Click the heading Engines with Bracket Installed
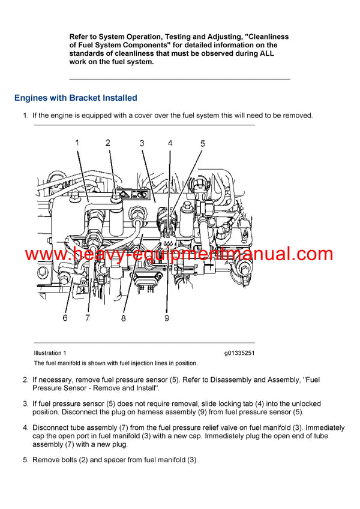tap(76, 98)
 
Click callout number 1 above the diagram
tap(77, 143)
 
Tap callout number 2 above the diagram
tap(108, 143)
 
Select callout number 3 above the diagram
tap(142, 143)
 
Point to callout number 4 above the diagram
tap(170, 143)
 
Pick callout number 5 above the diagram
tap(202, 143)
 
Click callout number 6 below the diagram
tap(65, 318)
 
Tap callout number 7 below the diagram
tap(88, 318)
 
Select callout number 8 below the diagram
tap(123, 318)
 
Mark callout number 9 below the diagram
tap(167, 318)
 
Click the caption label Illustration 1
tap(50, 353)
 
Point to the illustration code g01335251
tap(239, 353)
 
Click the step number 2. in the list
tap(26, 380)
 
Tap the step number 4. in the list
tap(26, 428)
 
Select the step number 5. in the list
tap(26, 460)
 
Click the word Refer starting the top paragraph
tap(80, 37)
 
